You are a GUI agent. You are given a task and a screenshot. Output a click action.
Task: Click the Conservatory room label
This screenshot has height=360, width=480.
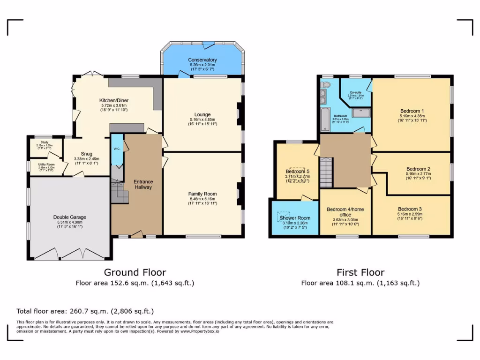tap(202, 60)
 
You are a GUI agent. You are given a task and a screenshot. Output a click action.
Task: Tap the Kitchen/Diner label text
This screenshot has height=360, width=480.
tap(113, 100)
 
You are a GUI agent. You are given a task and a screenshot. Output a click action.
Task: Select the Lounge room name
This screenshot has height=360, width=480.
tap(202, 114)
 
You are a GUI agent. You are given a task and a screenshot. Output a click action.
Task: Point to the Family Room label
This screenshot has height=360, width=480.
tap(202, 194)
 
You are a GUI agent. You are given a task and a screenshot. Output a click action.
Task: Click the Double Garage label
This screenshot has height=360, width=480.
tap(69, 217)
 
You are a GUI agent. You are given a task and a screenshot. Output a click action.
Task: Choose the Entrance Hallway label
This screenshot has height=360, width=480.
tap(143, 184)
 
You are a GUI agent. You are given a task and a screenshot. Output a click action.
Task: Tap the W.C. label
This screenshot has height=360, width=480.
tap(117, 150)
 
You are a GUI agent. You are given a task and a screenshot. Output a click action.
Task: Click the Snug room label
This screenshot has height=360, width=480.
tap(86, 154)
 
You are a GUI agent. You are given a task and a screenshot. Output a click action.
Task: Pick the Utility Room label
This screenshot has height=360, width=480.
tap(46, 165)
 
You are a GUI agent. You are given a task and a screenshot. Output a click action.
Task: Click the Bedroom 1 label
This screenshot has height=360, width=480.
tap(412, 110)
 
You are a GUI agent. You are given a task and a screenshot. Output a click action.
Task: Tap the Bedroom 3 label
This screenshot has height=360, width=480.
tap(410, 209)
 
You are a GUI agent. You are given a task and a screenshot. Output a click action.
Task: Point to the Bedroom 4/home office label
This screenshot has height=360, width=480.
tap(345, 211)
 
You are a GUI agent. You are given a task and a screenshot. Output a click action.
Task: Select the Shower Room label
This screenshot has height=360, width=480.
tap(295, 218)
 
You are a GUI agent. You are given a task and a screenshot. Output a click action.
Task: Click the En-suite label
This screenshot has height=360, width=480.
tap(354, 93)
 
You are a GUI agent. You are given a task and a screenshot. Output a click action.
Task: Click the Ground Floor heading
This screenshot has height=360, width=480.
tap(135, 272)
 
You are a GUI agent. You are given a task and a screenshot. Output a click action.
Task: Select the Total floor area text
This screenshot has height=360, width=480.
tap(85, 311)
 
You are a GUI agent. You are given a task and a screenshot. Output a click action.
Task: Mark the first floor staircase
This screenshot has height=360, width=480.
tap(325, 172)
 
